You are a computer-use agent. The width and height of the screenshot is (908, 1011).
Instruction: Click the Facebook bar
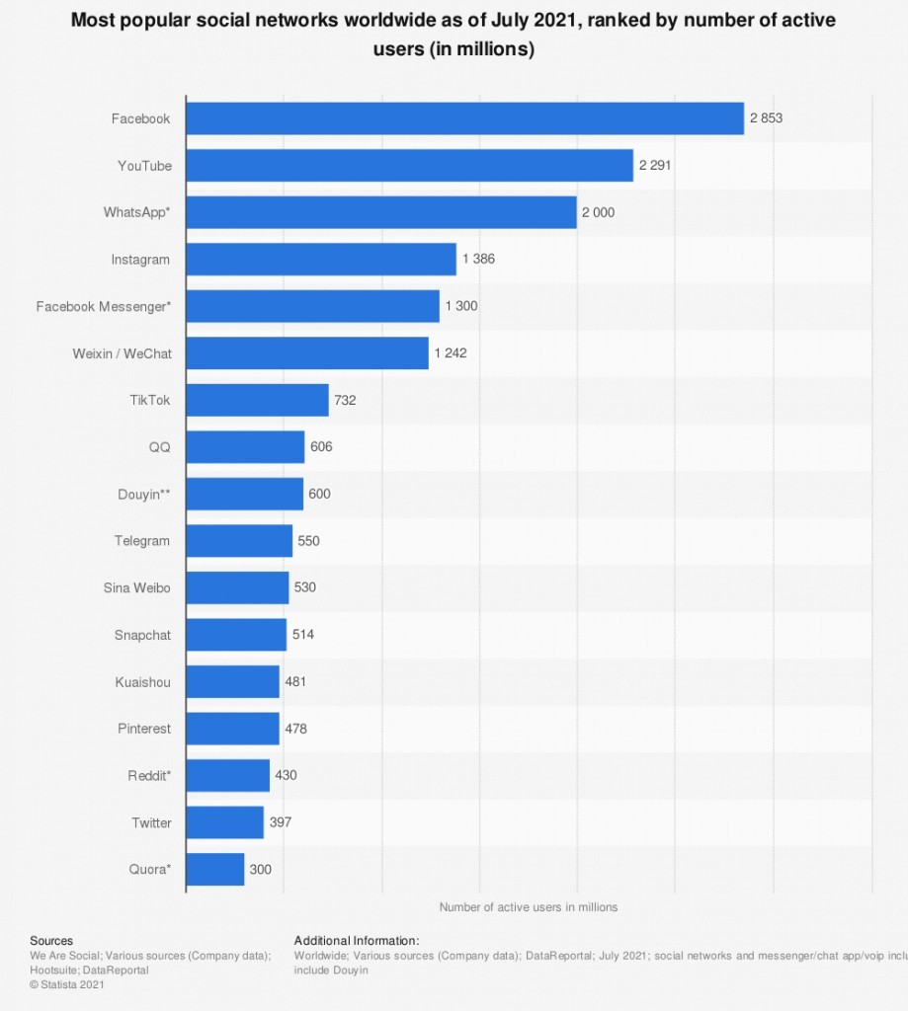[x=464, y=118]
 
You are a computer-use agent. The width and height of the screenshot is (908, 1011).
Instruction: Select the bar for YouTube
[x=409, y=166]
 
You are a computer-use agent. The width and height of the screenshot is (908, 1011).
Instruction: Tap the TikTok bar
[x=257, y=400]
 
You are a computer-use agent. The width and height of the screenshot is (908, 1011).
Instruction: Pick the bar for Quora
[x=214, y=869]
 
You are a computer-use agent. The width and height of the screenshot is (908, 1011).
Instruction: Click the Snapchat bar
[x=236, y=635]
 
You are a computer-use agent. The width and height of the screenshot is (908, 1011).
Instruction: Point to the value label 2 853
[x=766, y=118]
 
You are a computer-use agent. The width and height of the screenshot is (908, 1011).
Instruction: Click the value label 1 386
[x=478, y=260]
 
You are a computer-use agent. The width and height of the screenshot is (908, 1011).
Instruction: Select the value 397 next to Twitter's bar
[x=281, y=822]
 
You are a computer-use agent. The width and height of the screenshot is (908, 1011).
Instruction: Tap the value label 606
[x=321, y=447]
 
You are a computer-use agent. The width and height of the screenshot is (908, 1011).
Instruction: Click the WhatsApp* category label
[x=136, y=212]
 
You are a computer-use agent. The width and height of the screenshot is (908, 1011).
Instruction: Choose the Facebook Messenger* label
[x=103, y=306]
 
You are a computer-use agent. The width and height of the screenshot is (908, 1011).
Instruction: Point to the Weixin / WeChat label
[x=122, y=353]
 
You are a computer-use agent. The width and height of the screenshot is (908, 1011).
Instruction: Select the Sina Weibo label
[x=136, y=587]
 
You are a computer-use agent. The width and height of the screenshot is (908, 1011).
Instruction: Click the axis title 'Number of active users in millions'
[x=528, y=907]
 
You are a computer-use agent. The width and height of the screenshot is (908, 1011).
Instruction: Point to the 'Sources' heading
[x=51, y=941]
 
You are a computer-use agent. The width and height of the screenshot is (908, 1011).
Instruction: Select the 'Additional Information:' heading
[x=356, y=941]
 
